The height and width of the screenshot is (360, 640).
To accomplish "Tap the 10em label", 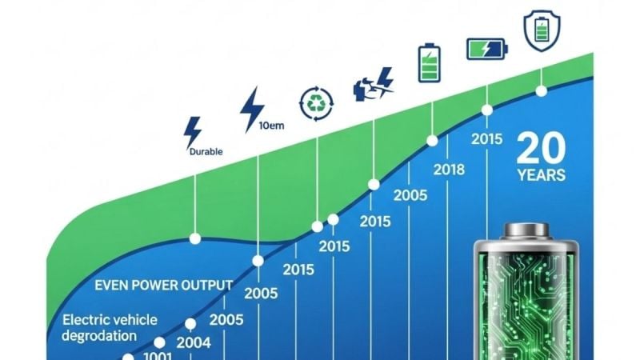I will tap(273, 125).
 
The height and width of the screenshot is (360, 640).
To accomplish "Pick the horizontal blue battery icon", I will tap(486, 49).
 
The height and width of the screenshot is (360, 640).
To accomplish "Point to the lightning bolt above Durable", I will tap(192, 130).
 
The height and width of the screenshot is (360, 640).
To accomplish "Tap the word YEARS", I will tap(541, 175).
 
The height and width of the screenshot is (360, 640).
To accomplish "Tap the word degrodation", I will tap(99, 335).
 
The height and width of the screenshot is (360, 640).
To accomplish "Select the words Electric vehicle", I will tap(110, 320).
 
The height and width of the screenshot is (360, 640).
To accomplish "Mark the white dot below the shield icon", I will tap(542, 91).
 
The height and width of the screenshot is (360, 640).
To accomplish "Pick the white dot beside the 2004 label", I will tap(191, 324).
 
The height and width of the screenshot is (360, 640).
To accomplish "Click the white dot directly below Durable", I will tap(194, 238).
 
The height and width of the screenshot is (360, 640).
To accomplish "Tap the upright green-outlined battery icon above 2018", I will tap(430, 63).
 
